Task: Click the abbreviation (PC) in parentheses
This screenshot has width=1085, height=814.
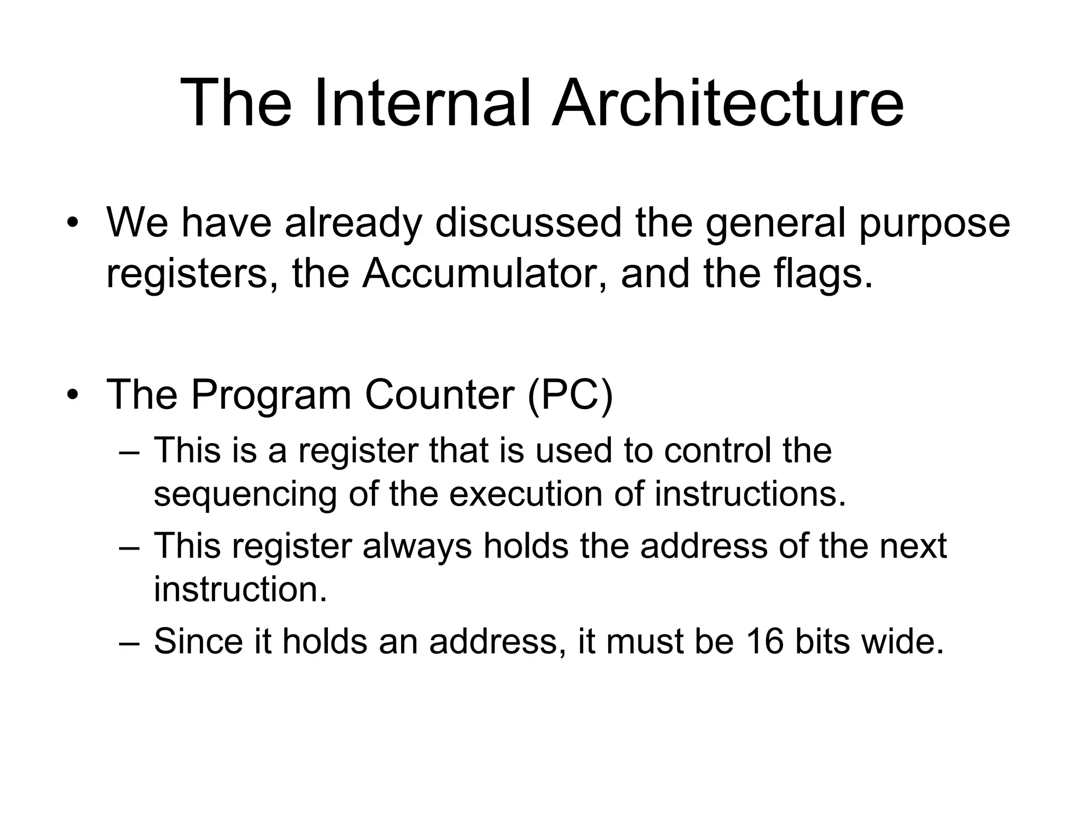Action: pyautogui.click(x=571, y=395)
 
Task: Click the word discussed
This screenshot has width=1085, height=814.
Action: pyautogui.click(x=528, y=223)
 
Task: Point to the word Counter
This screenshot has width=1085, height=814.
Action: pyautogui.click(x=439, y=395)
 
